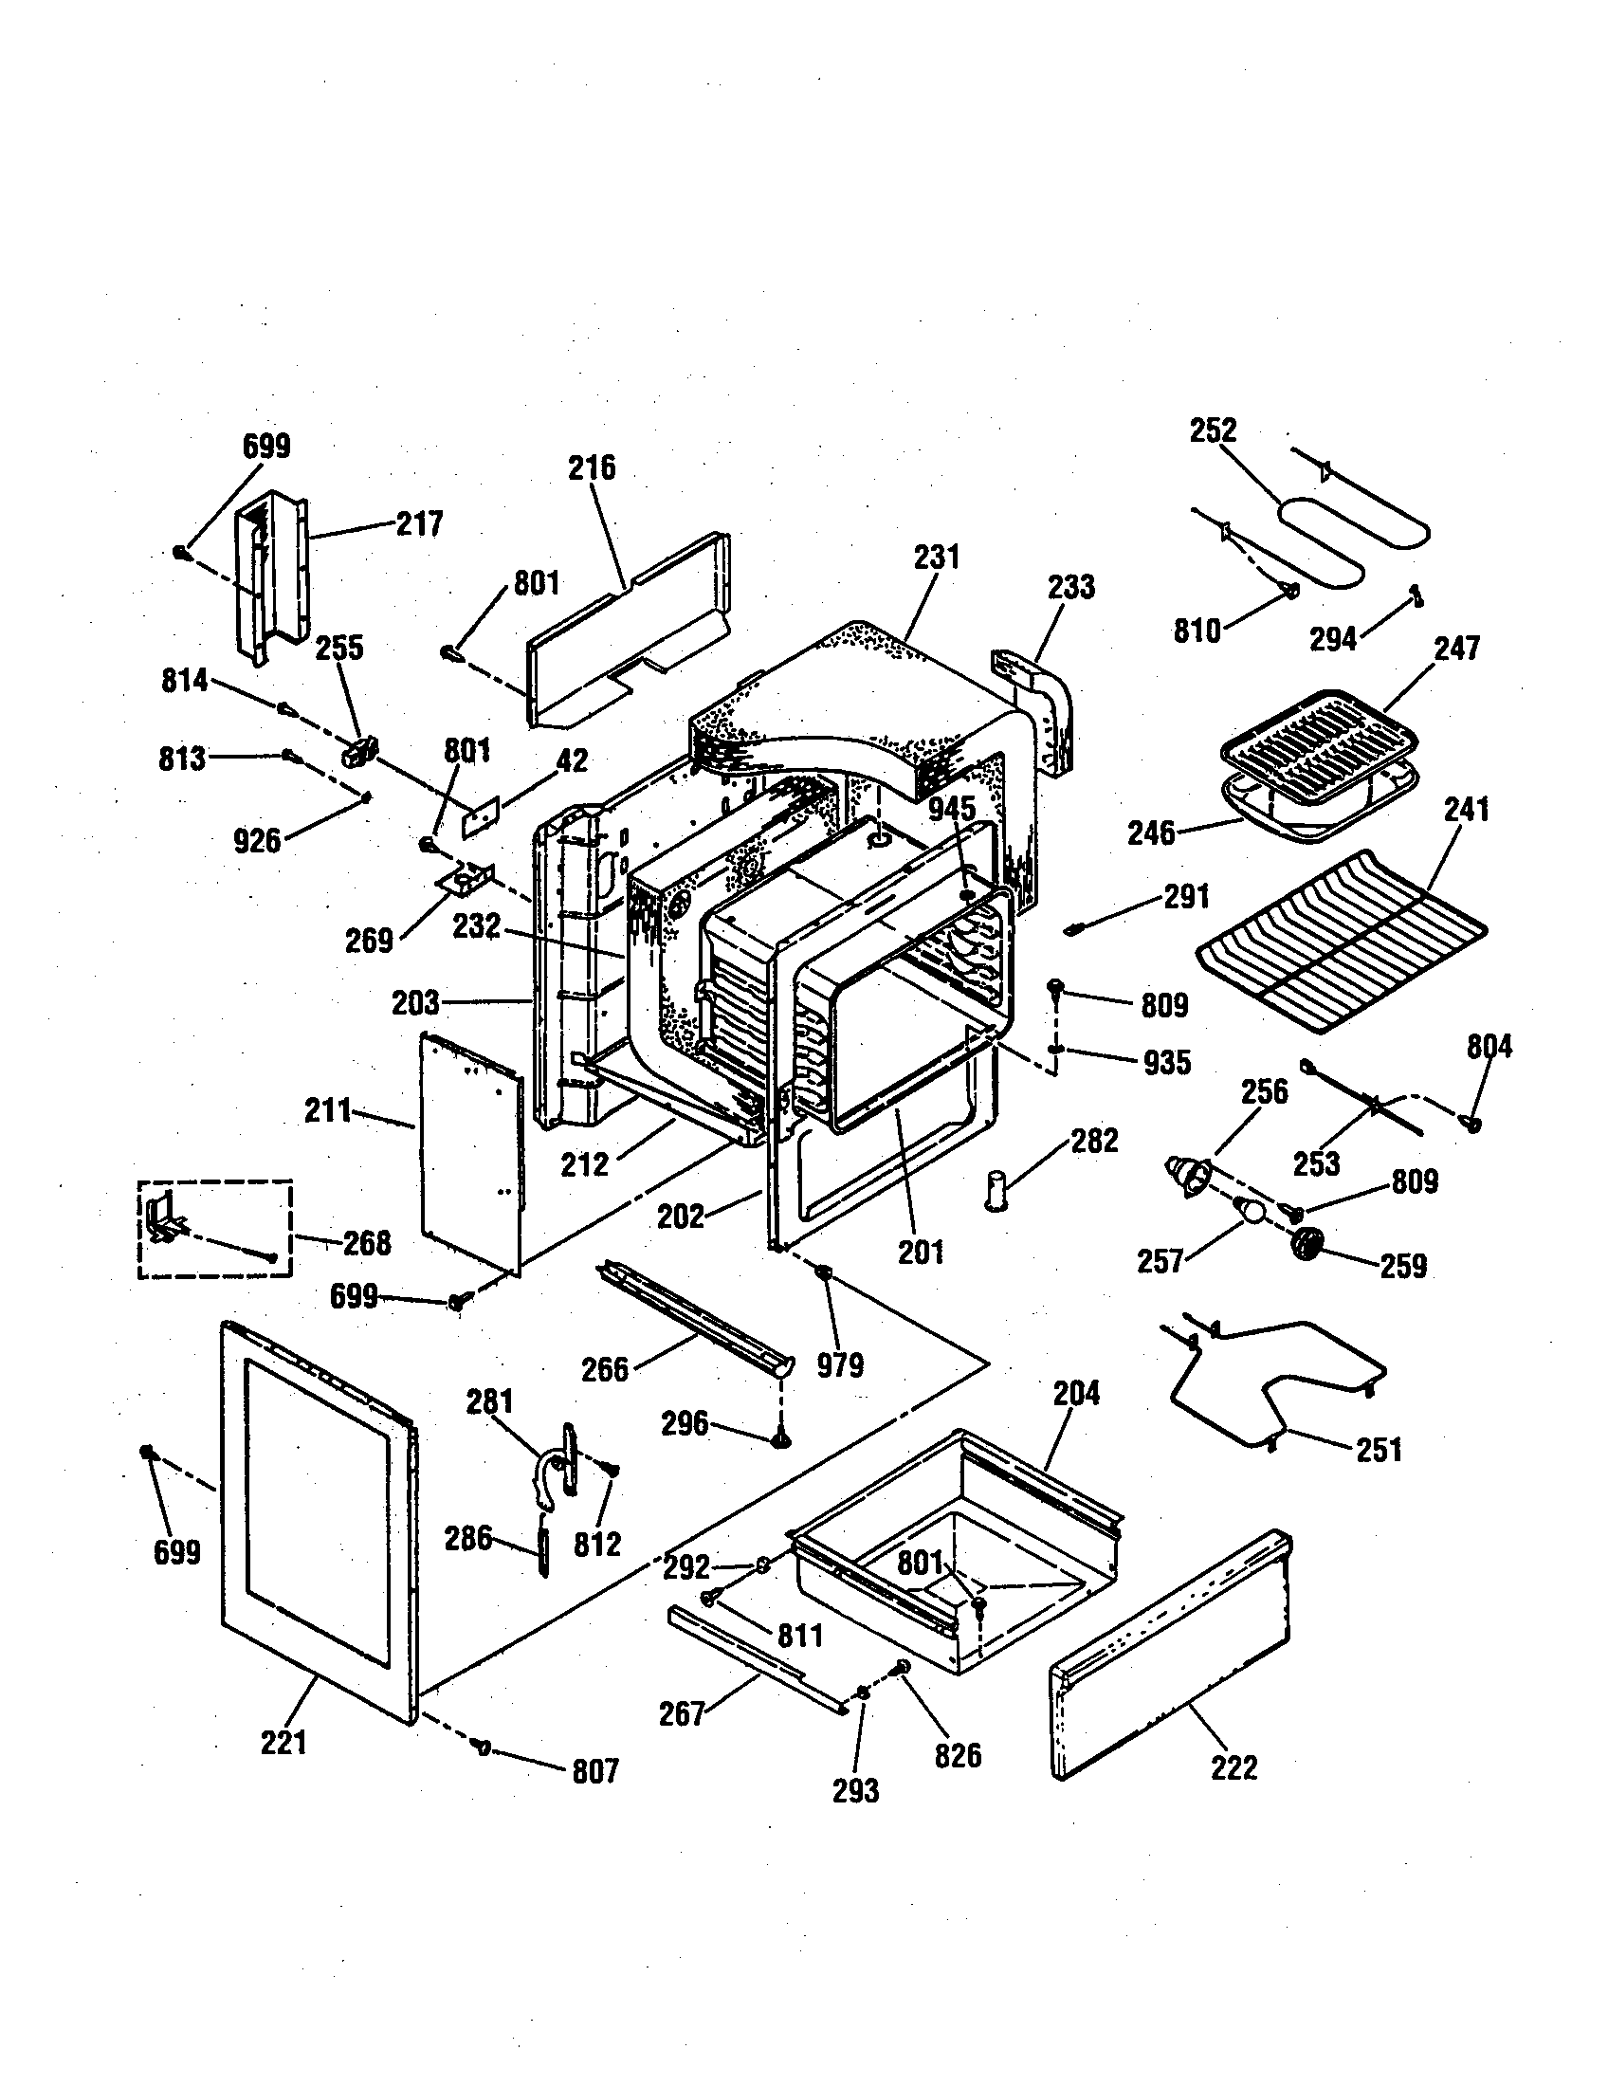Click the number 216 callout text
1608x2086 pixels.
coord(592,468)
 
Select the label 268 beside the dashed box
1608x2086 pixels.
coord(367,1244)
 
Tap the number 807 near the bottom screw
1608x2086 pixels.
coord(594,1772)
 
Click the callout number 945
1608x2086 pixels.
coord(952,809)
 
